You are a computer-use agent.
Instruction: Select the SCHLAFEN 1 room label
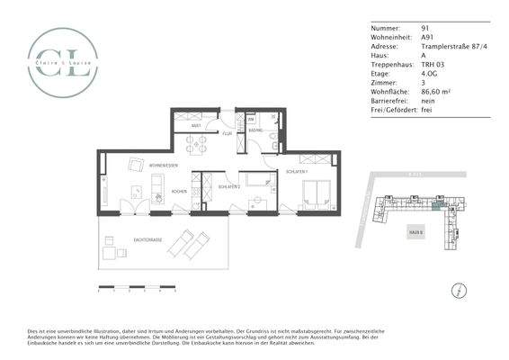[298, 170]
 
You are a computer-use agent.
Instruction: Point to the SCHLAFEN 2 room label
[228, 186]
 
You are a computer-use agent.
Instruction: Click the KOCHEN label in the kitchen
[179, 192]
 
